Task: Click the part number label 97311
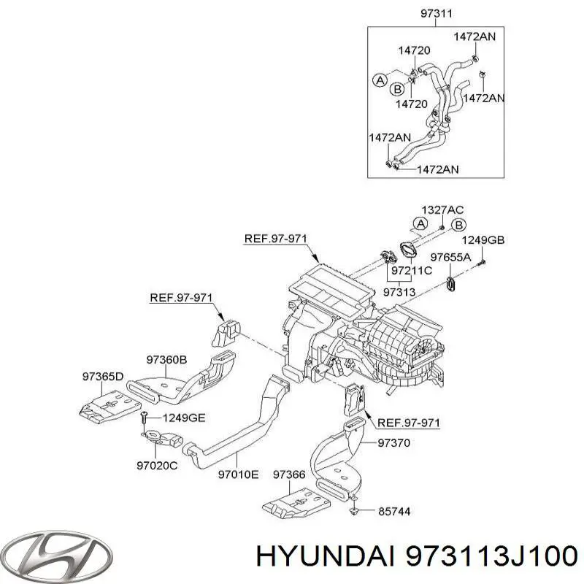[x=437, y=14]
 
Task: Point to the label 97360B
[x=166, y=360]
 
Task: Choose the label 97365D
[x=103, y=377]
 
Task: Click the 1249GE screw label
[x=184, y=418]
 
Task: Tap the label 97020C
[x=157, y=465]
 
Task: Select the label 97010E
[x=238, y=474]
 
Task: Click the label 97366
[x=289, y=474]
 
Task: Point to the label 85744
[x=394, y=512]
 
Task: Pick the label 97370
[x=393, y=443]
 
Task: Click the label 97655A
[x=450, y=257]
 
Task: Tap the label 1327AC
[x=442, y=210]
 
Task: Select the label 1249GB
[x=483, y=240]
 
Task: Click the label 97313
[x=399, y=292]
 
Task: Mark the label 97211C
[x=412, y=270]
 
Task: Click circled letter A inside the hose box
[x=380, y=80]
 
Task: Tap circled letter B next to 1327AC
[x=459, y=225]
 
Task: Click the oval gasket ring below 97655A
[x=451, y=284]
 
